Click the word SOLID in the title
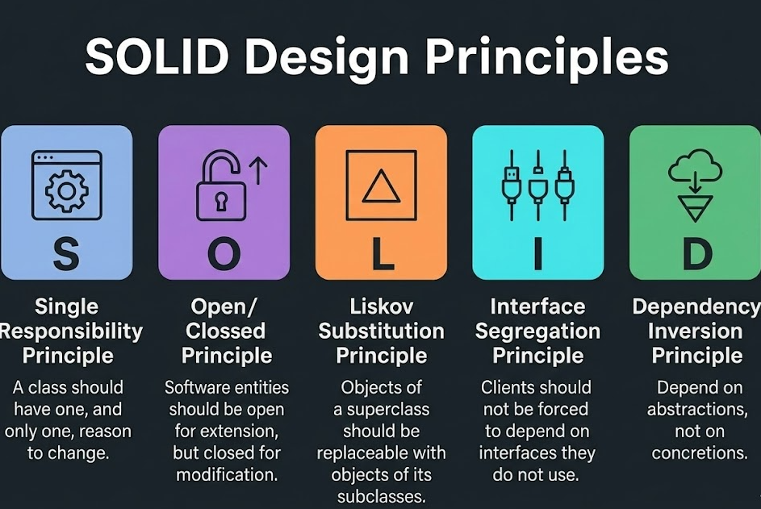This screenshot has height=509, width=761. pyautogui.click(x=171, y=57)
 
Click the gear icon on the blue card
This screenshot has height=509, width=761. pyautogui.click(x=65, y=189)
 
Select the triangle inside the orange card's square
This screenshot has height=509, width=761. pyautogui.click(x=381, y=187)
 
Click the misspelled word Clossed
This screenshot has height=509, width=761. pyautogui.click(x=225, y=331)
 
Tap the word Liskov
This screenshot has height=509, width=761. pyautogui.click(x=382, y=307)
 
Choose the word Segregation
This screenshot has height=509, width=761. pyautogui.click(x=537, y=331)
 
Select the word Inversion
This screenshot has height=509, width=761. pyautogui.click(x=696, y=331)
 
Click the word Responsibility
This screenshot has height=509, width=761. pyautogui.click(x=71, y=331)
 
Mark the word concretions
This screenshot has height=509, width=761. pyautogui.click(x=698, y=453)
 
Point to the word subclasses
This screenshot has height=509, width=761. pyautogui.click(x=381, y=495)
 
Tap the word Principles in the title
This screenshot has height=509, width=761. pyautogui.click(x=546, y=59)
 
